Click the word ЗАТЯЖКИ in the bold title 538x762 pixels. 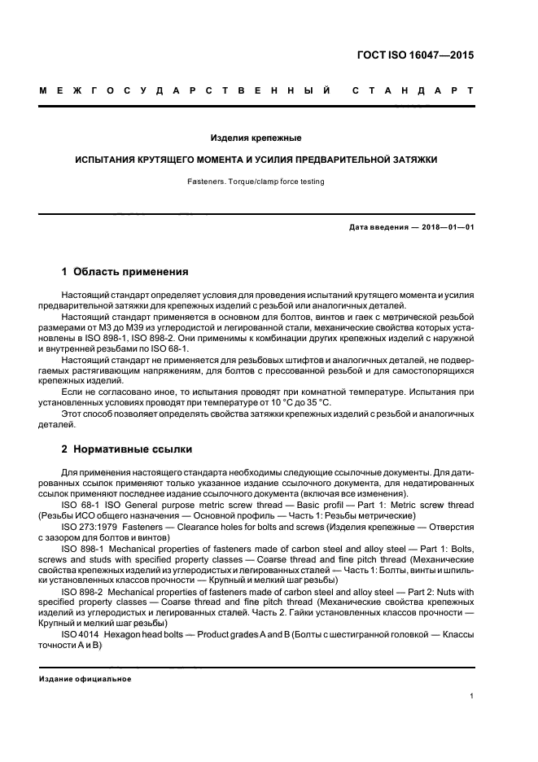[x=413, y=160]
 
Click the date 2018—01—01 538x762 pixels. [x=444, y=227]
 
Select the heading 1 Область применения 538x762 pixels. [x=125, y=270]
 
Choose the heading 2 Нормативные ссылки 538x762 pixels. [x=128, y=449]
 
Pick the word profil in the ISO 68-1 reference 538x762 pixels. [x=317, y=506]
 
